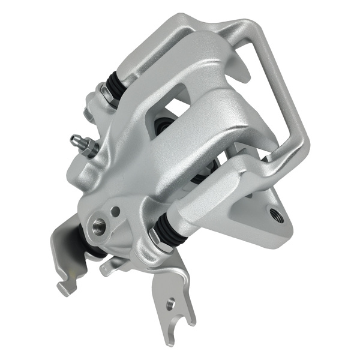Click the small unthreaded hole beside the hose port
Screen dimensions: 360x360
(115, 211)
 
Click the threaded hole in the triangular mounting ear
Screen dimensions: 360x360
(277, 214)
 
